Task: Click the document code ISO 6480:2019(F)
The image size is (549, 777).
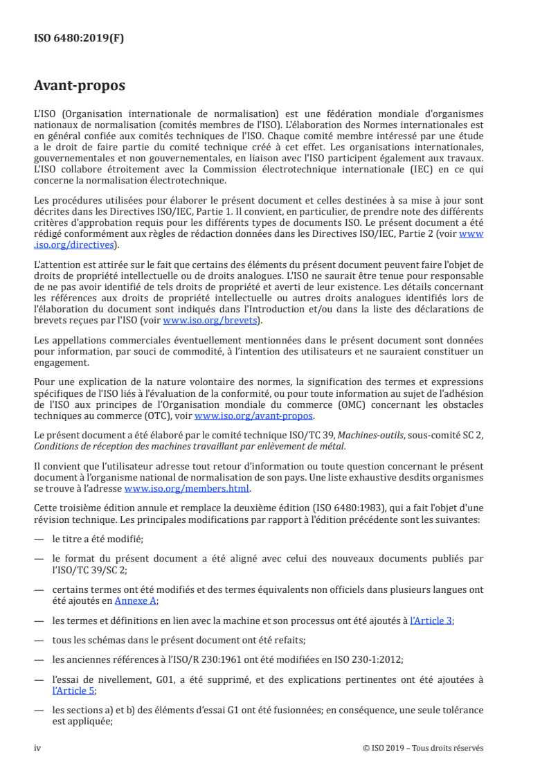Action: pos(79,39)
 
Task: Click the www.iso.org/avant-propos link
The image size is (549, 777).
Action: pos(254,416)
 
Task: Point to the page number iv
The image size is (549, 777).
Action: pos(37,748)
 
